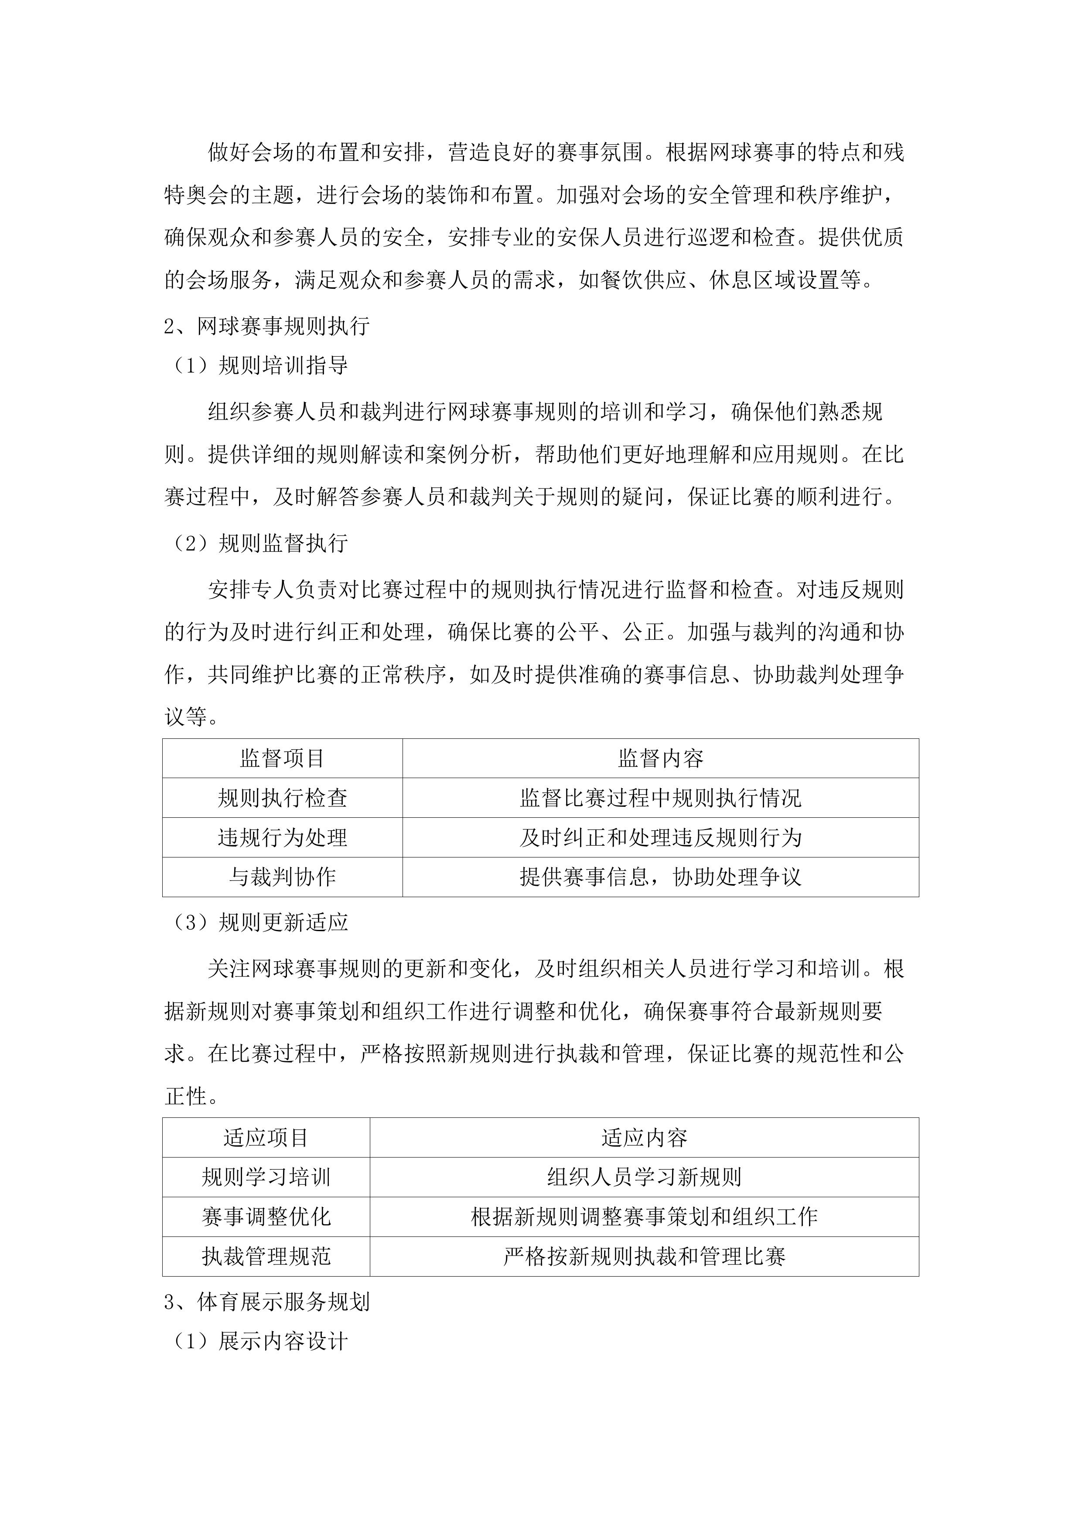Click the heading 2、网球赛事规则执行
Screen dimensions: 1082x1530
pyautogui.click(x=266, y=327)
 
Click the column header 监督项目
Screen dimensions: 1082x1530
pyautogui.click(x=283, y=758)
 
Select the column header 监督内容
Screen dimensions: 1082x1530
pyautogui.click(x=660, y=758)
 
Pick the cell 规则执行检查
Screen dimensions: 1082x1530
pyautogui.click(x=283, y=798)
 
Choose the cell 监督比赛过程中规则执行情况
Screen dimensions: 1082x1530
pyautogui.click(x=660, y=798)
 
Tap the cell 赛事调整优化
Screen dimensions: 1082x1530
pyautogui.click(x=266, y=1217)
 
